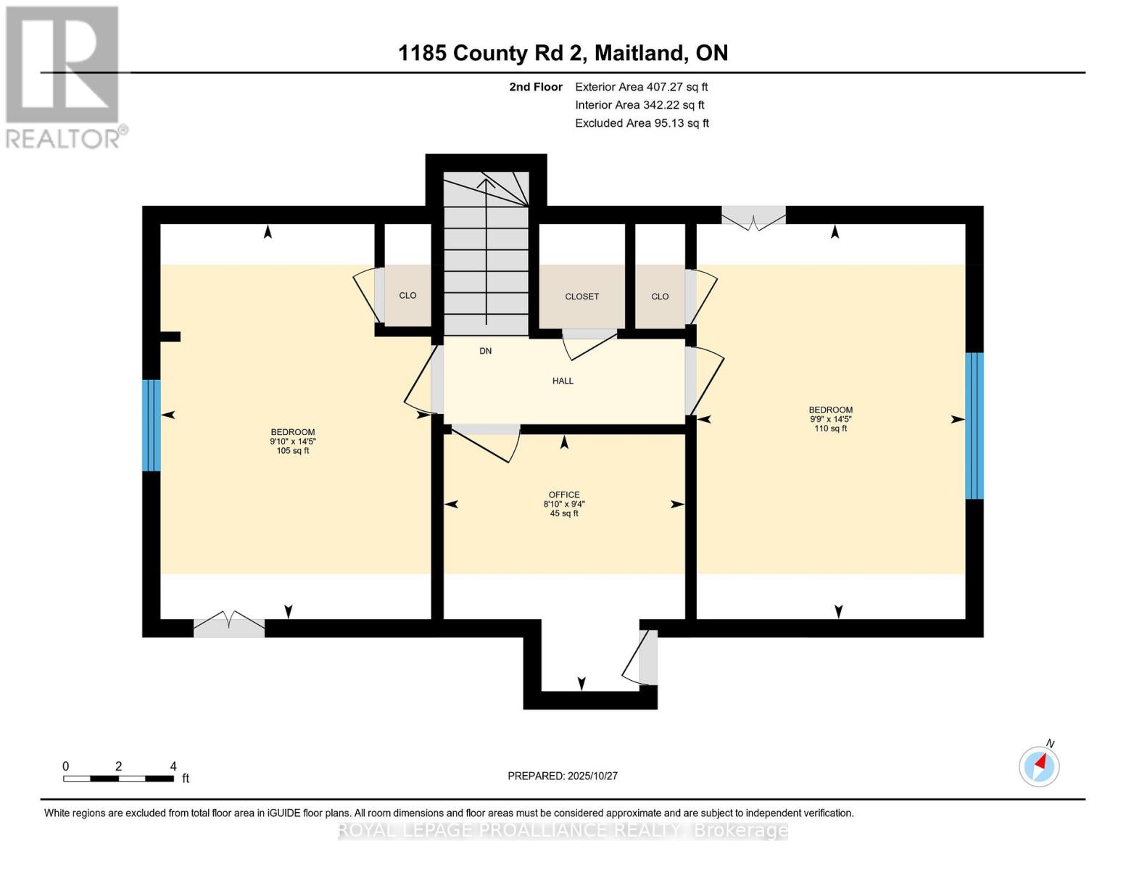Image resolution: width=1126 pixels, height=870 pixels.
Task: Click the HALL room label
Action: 563,381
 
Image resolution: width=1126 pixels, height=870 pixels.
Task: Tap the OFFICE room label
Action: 564,495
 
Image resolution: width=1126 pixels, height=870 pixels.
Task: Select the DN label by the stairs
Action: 486,351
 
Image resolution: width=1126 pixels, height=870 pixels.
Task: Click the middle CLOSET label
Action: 582,297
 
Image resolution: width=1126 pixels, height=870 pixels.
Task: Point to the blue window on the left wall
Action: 151,425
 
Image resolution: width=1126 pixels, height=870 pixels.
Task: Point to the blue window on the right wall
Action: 974,426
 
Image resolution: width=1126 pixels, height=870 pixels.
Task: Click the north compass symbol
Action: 1040,766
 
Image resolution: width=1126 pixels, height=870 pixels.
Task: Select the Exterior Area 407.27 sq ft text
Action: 641,87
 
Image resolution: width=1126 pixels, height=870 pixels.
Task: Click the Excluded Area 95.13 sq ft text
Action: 642,123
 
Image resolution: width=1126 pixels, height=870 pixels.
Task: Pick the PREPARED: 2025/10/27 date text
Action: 563,776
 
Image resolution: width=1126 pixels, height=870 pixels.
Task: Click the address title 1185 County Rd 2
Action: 563,53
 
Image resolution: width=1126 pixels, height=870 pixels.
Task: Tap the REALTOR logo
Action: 64,76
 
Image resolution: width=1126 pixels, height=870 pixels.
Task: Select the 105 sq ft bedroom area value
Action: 293,451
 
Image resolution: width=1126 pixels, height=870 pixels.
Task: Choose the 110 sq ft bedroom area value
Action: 831,428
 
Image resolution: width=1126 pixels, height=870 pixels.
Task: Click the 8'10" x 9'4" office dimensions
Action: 564,505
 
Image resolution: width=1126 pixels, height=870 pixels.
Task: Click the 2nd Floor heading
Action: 536,87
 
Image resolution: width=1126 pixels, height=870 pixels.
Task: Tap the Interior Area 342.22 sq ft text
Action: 639,105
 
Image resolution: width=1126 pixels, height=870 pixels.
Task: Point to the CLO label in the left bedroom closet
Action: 407,296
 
